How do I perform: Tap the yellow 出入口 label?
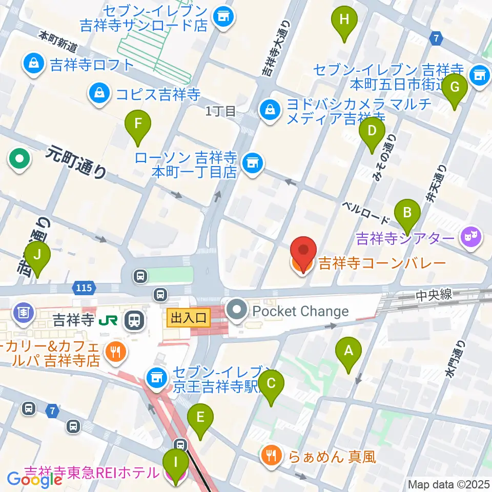[189, 318]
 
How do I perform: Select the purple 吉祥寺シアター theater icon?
[470, 237]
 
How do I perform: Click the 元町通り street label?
[76, 161]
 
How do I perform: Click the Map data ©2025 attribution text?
[448, 484]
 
